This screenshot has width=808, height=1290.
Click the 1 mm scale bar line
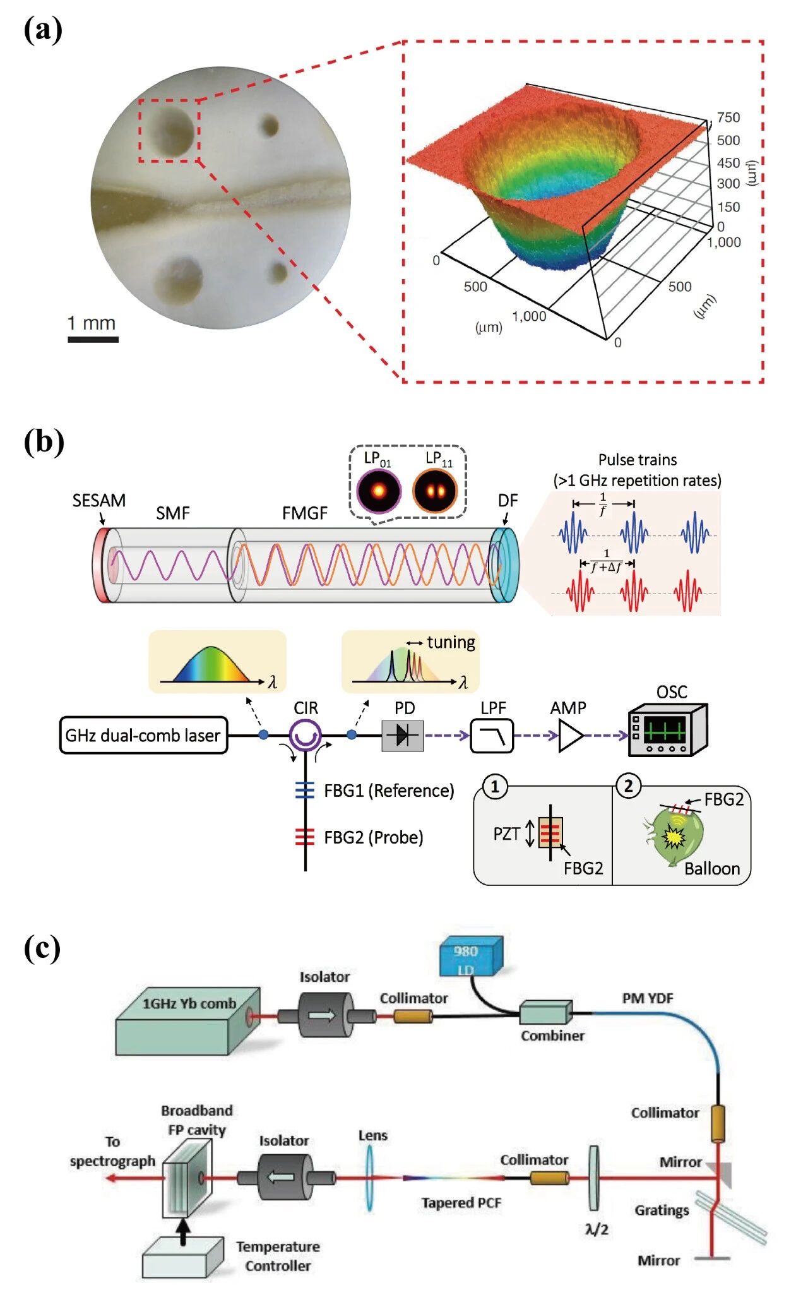click(93, 340)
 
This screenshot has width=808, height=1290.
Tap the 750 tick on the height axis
click(728, 117)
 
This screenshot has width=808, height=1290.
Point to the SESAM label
click(98, 500)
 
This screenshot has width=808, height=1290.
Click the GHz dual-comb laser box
click(143, 735)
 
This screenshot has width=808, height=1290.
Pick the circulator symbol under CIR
click(306, 735)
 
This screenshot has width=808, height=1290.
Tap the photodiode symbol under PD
click(402, 736)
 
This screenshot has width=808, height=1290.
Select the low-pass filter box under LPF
click(492, 736)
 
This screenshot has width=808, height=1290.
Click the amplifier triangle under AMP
click(570, 736)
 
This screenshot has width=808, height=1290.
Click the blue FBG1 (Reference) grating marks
click(305, 791)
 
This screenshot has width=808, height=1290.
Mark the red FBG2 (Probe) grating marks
click(305, 837)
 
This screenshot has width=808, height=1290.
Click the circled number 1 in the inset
click(495, 787)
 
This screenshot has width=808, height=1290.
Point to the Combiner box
click(545, 1013)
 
